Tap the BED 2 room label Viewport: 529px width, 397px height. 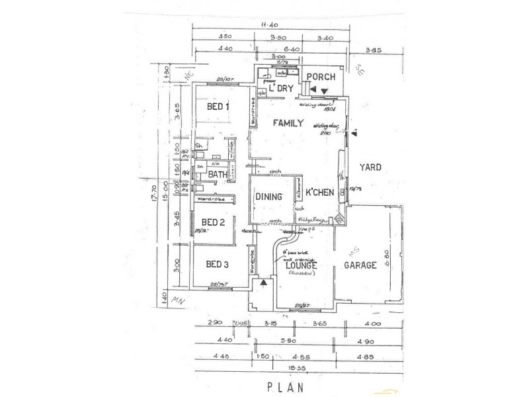[x=214, y=222]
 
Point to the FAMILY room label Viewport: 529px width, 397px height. [x=286, y=123]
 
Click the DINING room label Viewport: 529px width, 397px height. [x=269, y=197]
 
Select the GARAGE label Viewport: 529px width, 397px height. [x=360, y=265]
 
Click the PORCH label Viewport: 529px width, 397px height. [x=323, y=77]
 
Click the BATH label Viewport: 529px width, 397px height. [x=218, y=175]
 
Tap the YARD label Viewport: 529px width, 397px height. [x=370, y=167]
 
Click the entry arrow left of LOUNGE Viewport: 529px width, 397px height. [x=265, y=284]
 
